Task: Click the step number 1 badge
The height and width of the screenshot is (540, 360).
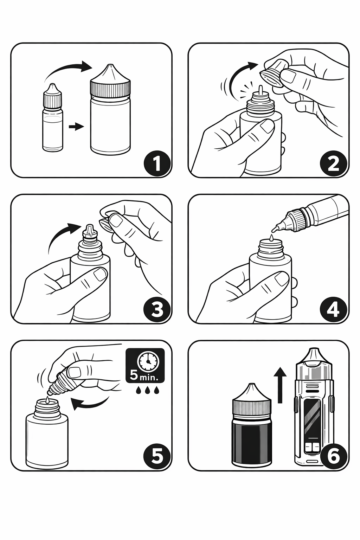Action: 157,163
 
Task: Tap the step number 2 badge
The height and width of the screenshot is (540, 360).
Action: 334,163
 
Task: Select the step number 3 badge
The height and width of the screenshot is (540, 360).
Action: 157,309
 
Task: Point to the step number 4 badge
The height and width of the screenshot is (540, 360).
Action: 334,309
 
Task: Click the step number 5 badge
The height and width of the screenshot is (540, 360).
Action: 157,456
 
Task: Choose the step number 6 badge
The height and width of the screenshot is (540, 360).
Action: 334,456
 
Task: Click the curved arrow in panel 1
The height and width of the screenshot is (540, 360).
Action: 68,70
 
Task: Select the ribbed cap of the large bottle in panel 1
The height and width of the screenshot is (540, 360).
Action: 110,88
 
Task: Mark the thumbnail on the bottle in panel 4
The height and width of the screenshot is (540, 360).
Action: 281,279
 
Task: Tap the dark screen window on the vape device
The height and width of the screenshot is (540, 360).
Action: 314,418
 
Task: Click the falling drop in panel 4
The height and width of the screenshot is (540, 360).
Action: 272,237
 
